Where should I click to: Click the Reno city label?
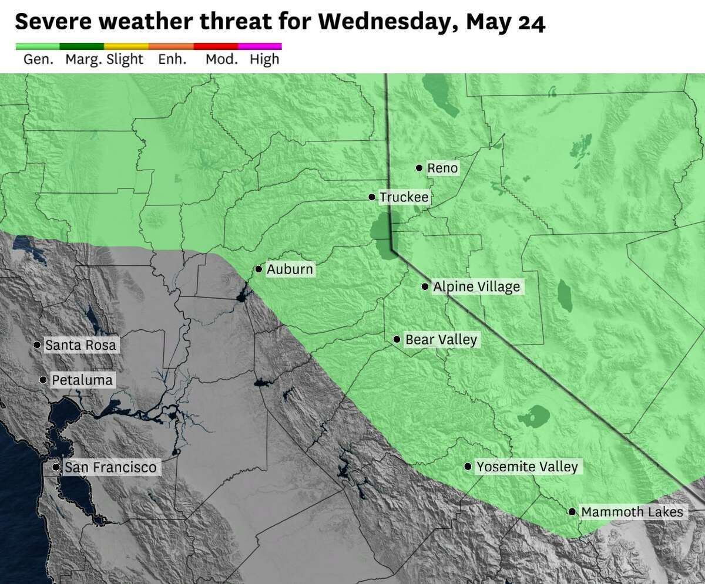tap(442, 168)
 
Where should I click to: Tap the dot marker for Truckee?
tap(372, 197)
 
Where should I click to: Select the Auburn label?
tap(290, 269)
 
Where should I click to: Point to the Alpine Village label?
tap(476, 287)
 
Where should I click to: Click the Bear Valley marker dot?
tap(397, 339)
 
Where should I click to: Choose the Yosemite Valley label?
tap(527, 467)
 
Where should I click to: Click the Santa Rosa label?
tap(80, 345)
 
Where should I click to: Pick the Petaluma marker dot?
tap(43, 380)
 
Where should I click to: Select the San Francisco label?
tap(110, 467)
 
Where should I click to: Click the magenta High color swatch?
tap(260, 46)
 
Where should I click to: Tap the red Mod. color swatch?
tap(216, 46)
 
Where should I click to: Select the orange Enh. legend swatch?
tap(171, 46)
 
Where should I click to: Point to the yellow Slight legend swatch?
tap(126, 46)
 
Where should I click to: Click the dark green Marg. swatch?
tap(82, 46)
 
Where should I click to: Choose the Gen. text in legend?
tap(38, 59)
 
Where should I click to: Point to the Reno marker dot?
tap(419, 168)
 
